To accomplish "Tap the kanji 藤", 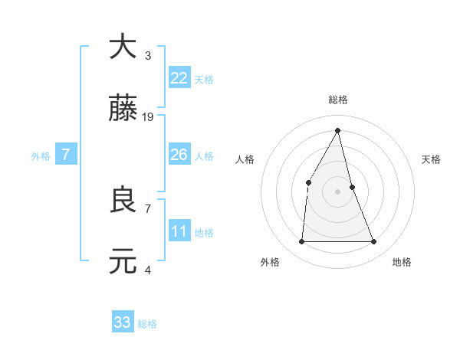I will coord(123,109).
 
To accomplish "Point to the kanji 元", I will coord(123,262).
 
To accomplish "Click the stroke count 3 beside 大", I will coord(148,55).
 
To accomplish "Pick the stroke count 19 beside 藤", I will coord(149,117).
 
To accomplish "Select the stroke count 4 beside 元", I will coord(148,270).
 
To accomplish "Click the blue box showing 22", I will coord(179,78).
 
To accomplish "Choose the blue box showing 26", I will coord(179,155).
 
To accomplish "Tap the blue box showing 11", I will coord(179,231).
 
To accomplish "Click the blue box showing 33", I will coord(123,322).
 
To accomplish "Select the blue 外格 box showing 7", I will coord(66,155).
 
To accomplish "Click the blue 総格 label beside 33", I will coord(147,324).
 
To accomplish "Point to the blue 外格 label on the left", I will coord(41,156).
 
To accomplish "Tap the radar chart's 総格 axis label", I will coord(338,100).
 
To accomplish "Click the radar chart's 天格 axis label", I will coord(432,159).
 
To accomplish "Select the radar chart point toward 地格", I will coord(374,242).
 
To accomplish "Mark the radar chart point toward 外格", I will coord(301,242).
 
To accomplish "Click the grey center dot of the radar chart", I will coord(338,191).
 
